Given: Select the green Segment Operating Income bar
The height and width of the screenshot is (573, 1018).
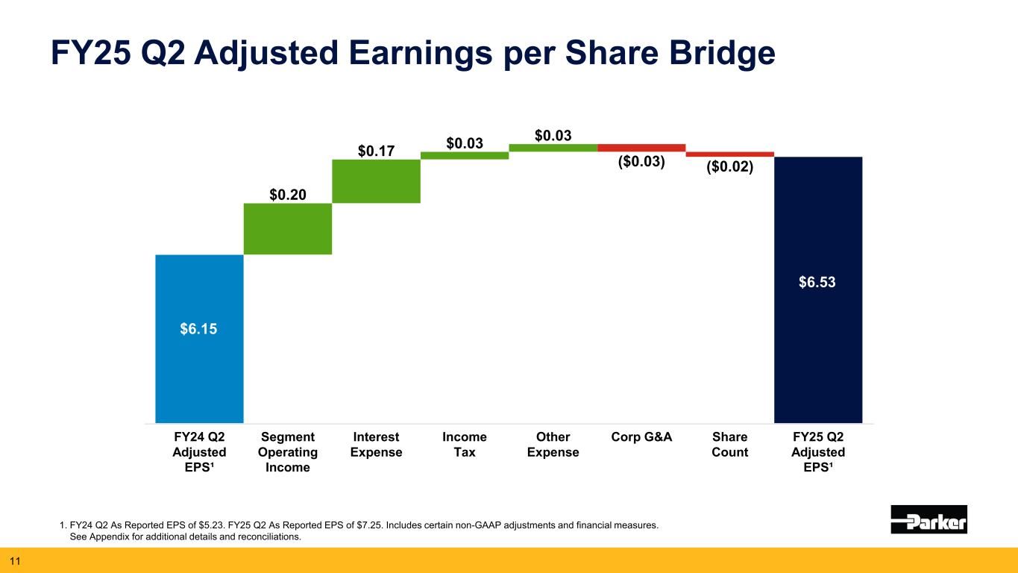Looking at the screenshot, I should (287, 229).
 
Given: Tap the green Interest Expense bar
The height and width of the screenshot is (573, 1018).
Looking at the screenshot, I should (376, 181).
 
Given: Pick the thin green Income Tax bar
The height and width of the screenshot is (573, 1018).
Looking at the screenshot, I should (465, 155).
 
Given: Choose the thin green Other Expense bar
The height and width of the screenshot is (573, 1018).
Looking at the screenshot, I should (553, 148).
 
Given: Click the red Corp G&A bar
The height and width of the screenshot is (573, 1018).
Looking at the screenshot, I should (641, 148).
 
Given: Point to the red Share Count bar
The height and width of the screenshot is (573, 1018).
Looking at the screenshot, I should (729, 154).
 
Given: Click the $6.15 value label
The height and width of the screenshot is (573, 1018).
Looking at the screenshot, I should (199, 329).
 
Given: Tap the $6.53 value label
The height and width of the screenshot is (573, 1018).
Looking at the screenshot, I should (818, 282).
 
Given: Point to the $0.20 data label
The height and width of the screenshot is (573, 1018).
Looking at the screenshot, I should (288, 195).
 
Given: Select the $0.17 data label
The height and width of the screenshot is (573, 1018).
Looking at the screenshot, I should (376, 151).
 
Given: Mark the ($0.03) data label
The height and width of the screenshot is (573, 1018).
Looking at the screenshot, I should (641, 161).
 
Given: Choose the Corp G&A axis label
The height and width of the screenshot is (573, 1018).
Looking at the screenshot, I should (641, 437).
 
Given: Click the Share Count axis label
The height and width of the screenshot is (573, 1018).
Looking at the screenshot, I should (730, 445).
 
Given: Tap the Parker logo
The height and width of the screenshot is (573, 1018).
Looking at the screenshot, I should (929, 519).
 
